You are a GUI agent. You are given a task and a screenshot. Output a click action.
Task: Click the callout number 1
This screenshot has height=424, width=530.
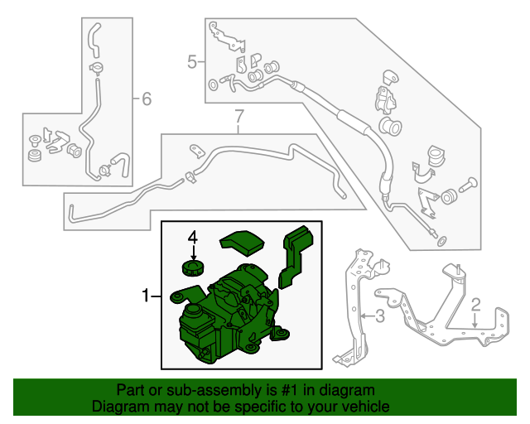(146, 296)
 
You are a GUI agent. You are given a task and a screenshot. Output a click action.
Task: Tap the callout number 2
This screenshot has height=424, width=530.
(475, 305)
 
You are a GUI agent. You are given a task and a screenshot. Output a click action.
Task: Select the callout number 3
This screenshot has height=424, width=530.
(380, 316)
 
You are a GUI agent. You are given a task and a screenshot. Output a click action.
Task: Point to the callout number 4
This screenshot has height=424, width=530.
(193, 238)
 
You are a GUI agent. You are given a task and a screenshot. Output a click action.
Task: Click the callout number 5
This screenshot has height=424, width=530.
(192, 62)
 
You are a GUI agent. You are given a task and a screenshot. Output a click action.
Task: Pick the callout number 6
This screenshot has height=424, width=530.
(147, 99)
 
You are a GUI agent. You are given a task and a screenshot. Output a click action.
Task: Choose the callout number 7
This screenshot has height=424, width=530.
(239, 116)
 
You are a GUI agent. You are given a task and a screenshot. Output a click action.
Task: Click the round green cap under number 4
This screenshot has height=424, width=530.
(193, 268)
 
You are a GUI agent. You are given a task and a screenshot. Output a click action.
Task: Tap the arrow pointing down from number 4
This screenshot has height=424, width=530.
(193, 253)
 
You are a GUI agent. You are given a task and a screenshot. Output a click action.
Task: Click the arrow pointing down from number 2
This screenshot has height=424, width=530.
(475, 320)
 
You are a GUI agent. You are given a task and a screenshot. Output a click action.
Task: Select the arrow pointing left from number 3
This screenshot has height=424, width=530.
(367, 316)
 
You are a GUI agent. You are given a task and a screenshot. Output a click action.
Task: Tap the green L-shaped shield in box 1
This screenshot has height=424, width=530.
(295, 257)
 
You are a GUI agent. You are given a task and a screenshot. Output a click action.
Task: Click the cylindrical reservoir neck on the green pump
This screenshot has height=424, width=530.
(193, 311)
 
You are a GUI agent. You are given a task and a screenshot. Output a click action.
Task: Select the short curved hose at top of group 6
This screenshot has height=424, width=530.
(94, 40)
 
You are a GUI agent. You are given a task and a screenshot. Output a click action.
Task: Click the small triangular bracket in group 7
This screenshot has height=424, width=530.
(197, 152)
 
